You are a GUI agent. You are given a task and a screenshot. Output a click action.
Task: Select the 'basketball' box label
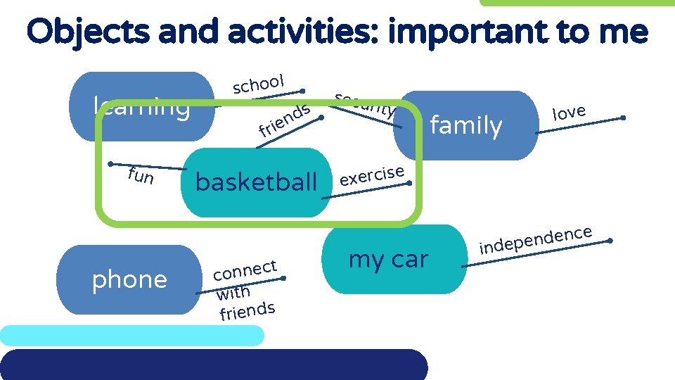pos(256,182)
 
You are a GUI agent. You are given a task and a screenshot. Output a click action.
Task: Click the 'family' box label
pos(465,126)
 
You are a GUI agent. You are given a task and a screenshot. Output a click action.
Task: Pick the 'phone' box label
pos(129,279)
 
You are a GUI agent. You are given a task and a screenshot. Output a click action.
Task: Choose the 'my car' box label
pos(388,259)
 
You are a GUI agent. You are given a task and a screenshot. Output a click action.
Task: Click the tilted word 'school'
pos(258,84)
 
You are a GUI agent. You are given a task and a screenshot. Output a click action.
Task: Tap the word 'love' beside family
pos(569,111)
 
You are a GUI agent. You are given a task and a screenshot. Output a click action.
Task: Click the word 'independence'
pos(535,239)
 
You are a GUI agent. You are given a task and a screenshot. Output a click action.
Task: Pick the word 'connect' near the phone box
pos(245,270)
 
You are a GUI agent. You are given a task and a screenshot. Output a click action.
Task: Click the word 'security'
pos(364,104)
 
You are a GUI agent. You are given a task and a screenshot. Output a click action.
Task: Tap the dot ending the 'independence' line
pos(610,241)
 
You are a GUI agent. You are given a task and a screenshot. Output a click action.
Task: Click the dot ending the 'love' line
pos(623,118)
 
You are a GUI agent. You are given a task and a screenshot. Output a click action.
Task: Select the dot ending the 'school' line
pos(302,91)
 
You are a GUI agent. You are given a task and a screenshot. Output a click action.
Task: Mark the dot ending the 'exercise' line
pos(410,183)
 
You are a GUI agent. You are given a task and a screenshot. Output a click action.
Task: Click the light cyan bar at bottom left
pos(132,336)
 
